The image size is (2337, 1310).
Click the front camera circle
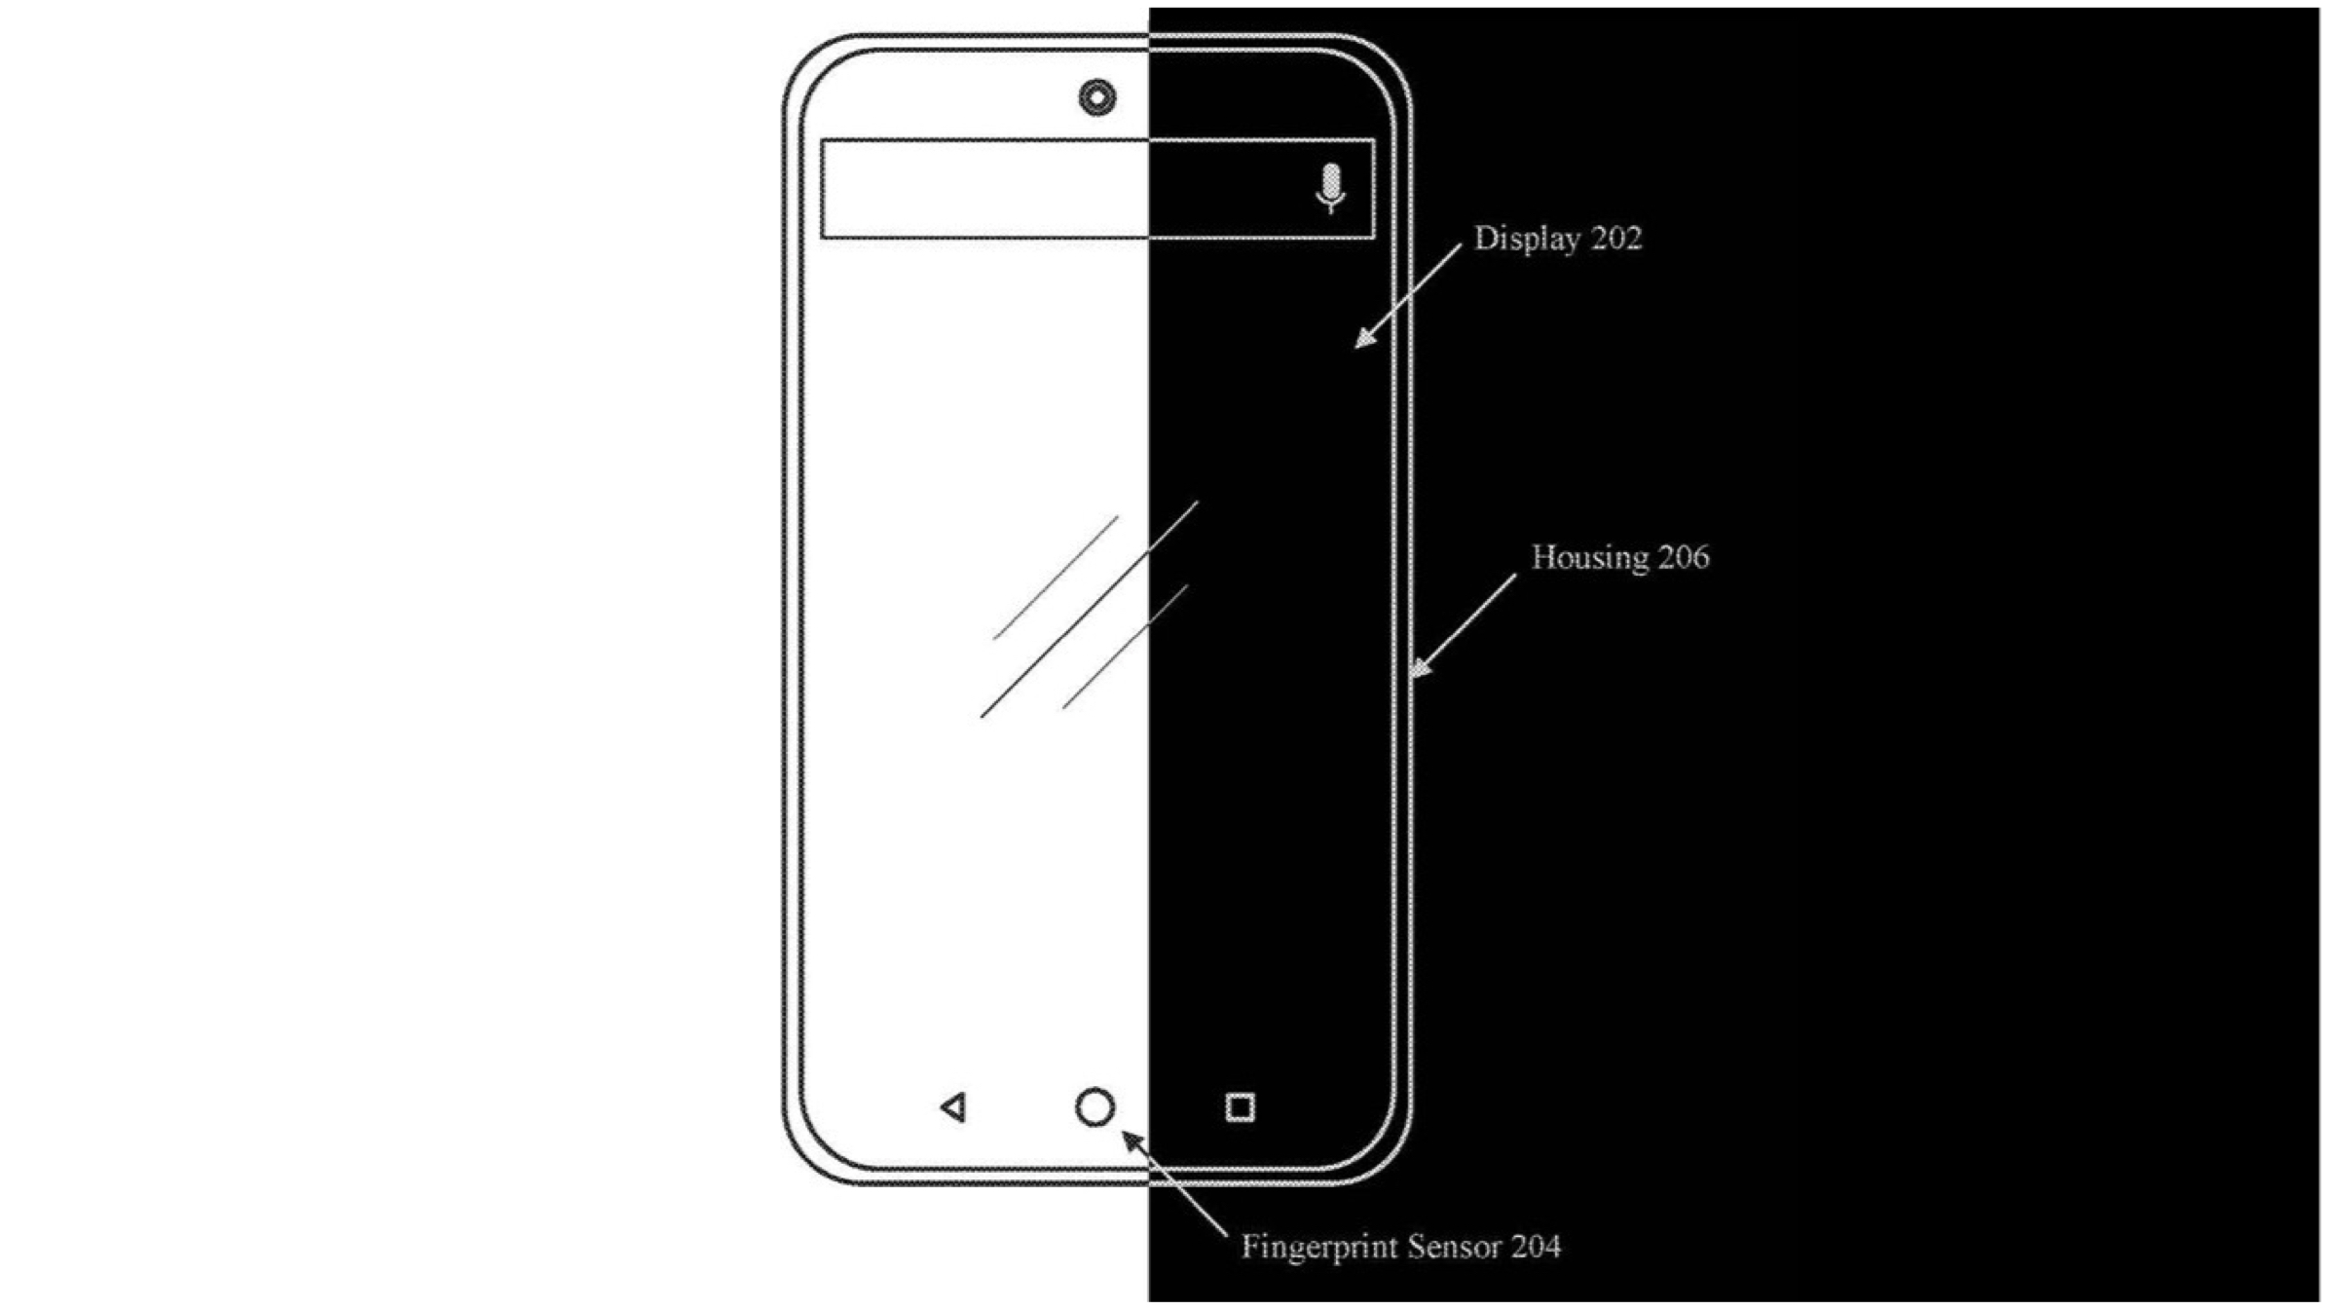click(x=1097, y=97)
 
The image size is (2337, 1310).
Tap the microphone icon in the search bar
click(x=1330, y=187)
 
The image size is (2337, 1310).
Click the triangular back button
click(x=954, y=1107)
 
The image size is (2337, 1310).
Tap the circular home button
click(x=1094, y=1107)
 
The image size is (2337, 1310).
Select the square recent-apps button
click(x=1240, y=1107)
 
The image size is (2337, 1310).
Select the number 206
click(x=1684, y=557)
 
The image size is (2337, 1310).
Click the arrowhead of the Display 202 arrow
click(x=1363, y=340)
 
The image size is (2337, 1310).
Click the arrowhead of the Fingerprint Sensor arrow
click(x=1131, y=1138)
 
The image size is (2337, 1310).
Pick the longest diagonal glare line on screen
click(x=1089, y=610)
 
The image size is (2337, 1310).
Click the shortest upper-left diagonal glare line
click(x=1056, y=578)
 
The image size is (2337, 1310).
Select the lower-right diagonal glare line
click(x=1125, y=647)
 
